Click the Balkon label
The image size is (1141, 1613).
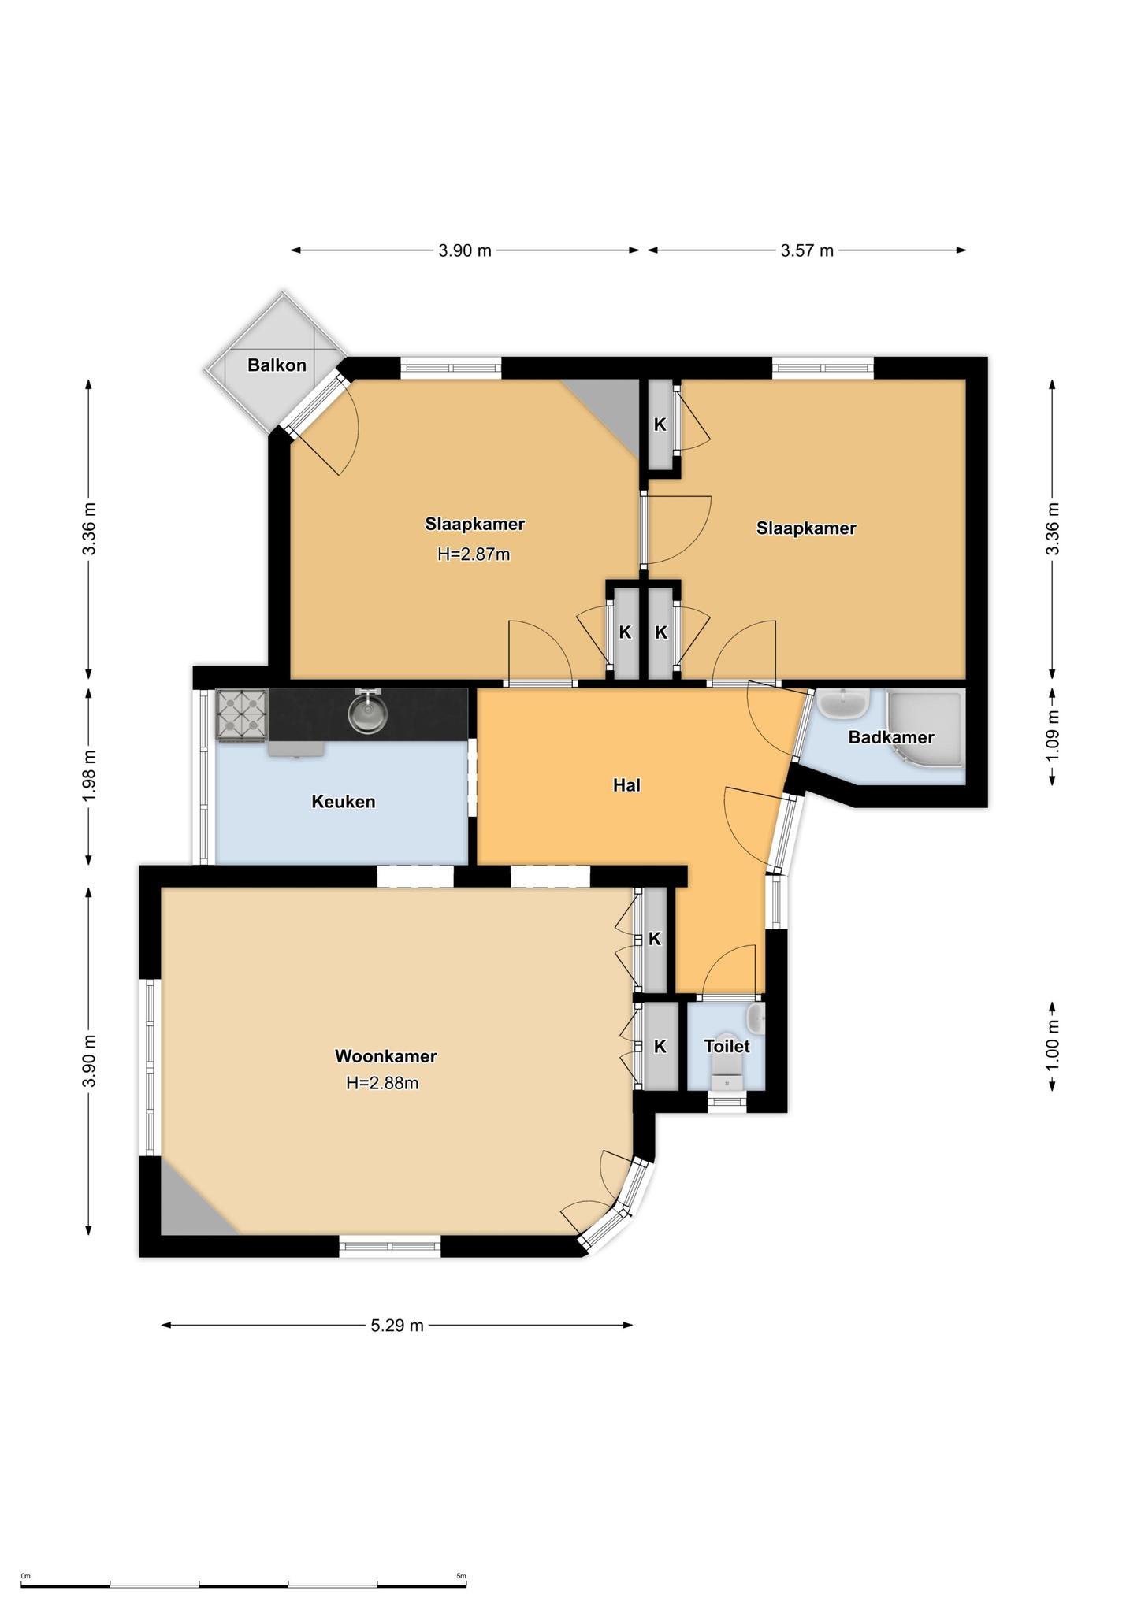[x=277, y=365]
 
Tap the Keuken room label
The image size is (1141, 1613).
[x=344, y=802]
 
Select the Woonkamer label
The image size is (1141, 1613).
[x=385, y=1056]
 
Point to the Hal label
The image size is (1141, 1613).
[x=627, y=785]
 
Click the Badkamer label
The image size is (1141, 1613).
[x=891, y=738]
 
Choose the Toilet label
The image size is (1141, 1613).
[x=727, y=1046]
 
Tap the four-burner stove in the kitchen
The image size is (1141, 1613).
[x=241, y=715]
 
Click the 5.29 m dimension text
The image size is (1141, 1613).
[x=397, y=1326]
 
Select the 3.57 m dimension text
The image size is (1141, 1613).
[x=807, y=250]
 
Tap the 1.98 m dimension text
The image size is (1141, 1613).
[x=89, y=775]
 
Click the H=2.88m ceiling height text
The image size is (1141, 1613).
[x=382, y=1083]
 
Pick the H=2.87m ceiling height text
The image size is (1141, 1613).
[x=474, y=554]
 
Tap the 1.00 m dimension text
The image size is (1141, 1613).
[x=1053, y=1045]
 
